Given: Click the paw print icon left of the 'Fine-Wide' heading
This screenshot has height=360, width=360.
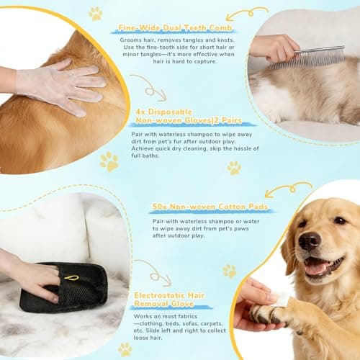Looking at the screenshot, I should [95, 13].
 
